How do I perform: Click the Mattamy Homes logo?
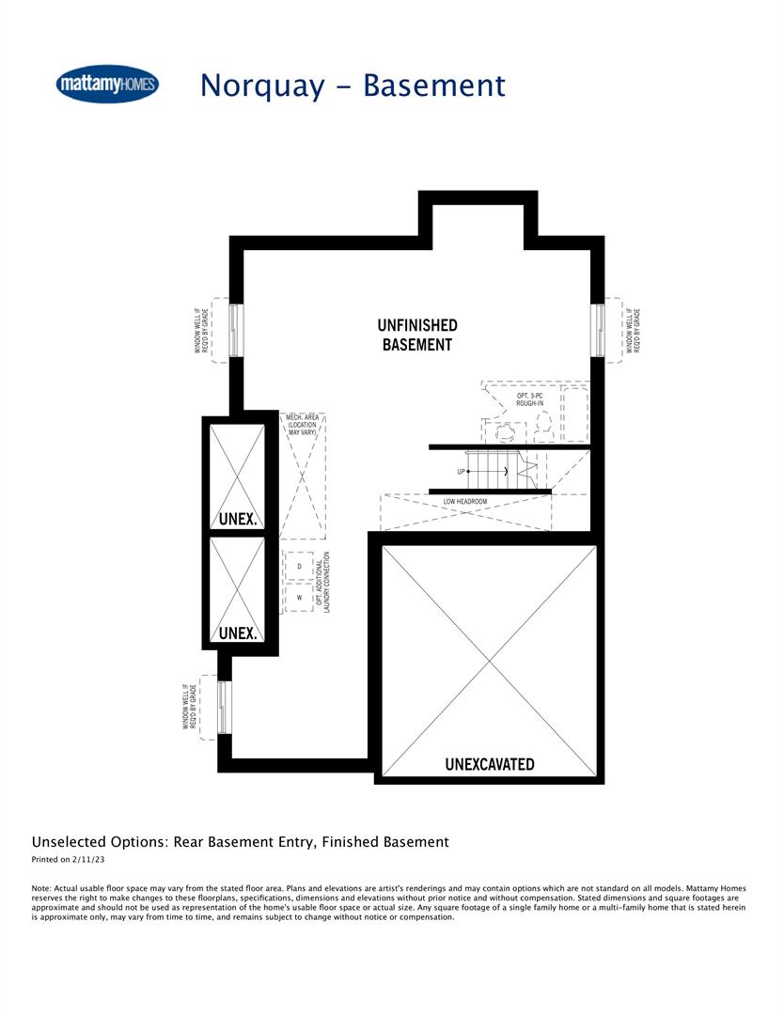(107, 85)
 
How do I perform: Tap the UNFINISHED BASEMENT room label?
(417, 335)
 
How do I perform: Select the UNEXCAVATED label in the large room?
(489, 764)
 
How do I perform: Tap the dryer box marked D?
(299, 567)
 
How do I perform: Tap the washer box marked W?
(299, 597)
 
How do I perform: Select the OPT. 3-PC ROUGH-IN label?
(529, 399)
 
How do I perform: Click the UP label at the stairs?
(462, 471)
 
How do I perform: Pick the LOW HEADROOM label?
(465, 502)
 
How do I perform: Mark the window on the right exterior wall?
(598, 330)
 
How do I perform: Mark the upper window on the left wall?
(235, 330)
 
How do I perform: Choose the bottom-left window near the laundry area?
(223, 707)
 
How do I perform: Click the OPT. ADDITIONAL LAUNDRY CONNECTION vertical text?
(324, 583)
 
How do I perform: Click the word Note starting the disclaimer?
(41, 887)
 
